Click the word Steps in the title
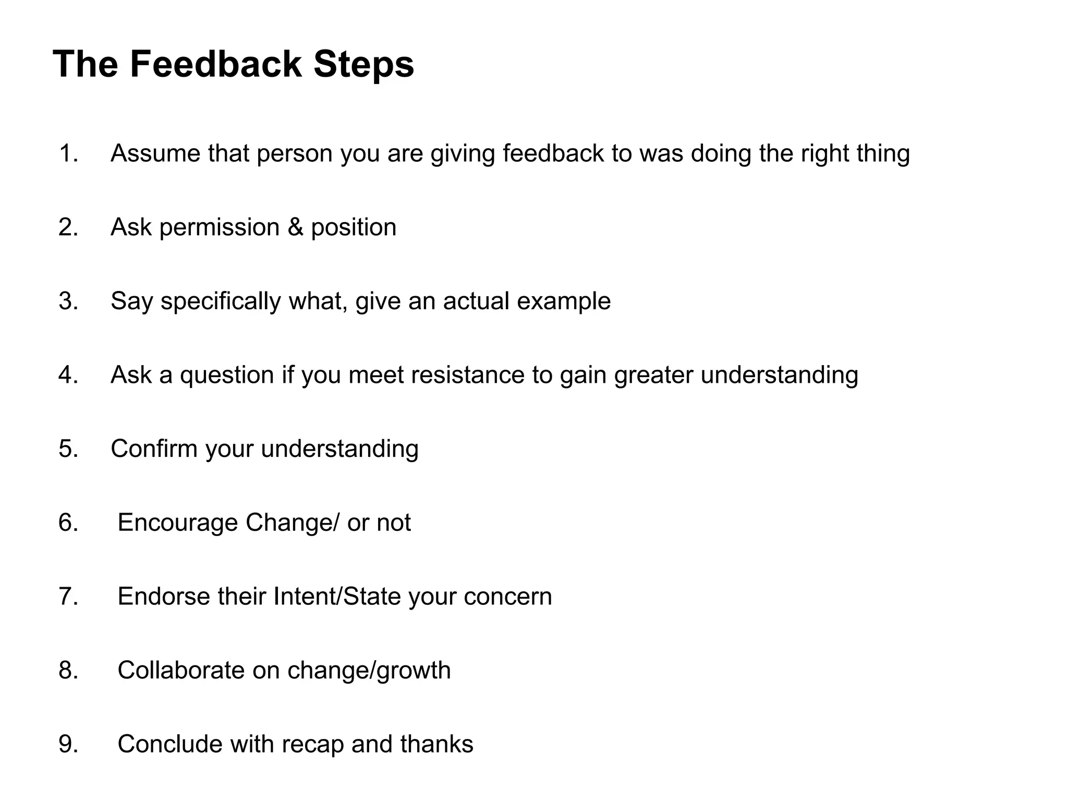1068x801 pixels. (x=363, y=65)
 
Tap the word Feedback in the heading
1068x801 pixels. (x=215, y=65)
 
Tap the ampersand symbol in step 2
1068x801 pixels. (x=295, y=227)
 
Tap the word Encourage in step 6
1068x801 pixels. (x=177, y=523)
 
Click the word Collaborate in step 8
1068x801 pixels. (x=181, y=671)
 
